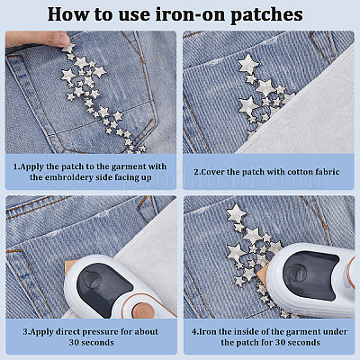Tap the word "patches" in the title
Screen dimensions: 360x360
point(267,15)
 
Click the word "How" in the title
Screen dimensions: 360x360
point(65,14)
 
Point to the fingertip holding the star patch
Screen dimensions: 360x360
point(63,39)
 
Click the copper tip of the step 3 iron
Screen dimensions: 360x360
point(71,266)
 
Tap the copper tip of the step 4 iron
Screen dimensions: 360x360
point(265,274)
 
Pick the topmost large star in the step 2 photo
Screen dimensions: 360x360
point(248,64)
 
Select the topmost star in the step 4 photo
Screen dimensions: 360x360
point(237,213)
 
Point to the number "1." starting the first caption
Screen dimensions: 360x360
point(17,166)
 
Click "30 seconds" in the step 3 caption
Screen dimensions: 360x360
point(92,342)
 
